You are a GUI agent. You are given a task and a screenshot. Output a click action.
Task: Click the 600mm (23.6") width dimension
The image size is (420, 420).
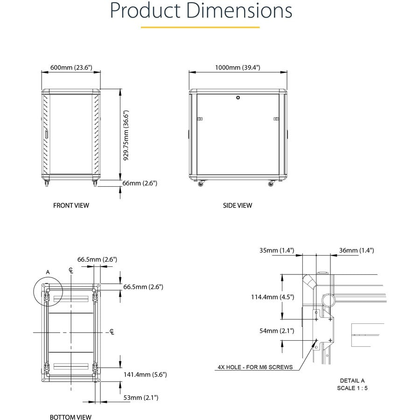click(x=71, y=68)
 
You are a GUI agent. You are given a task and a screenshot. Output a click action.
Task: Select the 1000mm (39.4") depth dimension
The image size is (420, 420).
click(x=238, y=68)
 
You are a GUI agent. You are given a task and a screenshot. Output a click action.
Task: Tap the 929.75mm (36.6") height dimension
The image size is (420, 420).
click(x=126, y=135)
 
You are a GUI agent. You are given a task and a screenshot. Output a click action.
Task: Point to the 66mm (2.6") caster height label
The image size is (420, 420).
click(x=140, y=183)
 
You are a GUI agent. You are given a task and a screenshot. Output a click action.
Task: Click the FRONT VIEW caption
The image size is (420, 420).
click(x=71, y=205)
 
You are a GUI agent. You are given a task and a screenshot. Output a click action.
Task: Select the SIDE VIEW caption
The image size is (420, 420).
click(x=237, y=205)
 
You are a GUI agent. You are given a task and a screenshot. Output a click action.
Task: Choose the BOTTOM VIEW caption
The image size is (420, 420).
click(x=70, y=417)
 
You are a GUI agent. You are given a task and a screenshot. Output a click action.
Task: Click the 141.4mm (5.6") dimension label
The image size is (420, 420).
click(x=145, y=374)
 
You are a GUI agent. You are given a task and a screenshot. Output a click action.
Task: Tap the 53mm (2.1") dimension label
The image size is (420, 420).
click(x=141, y=398)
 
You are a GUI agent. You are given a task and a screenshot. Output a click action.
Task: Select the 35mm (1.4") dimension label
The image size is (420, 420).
click(x=277, y=251)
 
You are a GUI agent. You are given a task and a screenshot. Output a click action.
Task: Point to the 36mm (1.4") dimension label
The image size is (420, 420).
click(x=357, y=251)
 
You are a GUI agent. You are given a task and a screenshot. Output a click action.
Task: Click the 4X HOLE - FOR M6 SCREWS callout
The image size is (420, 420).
click(x=255, y=367)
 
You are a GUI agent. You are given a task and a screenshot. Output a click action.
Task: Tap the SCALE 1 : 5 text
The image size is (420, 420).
click(x=352, y=388)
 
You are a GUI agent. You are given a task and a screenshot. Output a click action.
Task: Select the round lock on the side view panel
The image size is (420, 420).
click(x=238, y=98)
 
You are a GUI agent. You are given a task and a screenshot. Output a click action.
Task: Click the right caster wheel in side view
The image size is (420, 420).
click(x=271, y=184)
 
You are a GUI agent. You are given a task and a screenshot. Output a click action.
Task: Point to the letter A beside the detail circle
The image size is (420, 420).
click(x=48, y=271)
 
